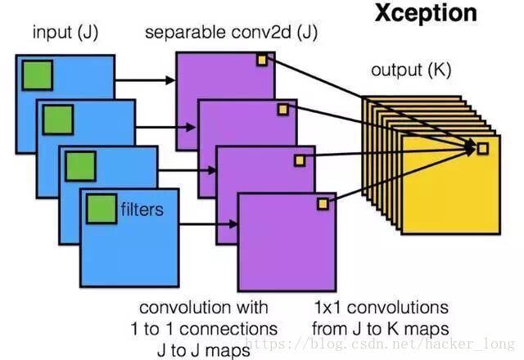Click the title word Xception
425,13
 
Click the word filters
142,209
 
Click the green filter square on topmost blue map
38,75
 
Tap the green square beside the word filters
102,208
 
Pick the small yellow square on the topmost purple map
262,59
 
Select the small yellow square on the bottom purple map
323,203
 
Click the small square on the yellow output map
482,148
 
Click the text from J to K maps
382,328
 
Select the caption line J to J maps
203,349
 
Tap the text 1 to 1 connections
203,328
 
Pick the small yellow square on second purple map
283,108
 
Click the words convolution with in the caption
203,308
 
